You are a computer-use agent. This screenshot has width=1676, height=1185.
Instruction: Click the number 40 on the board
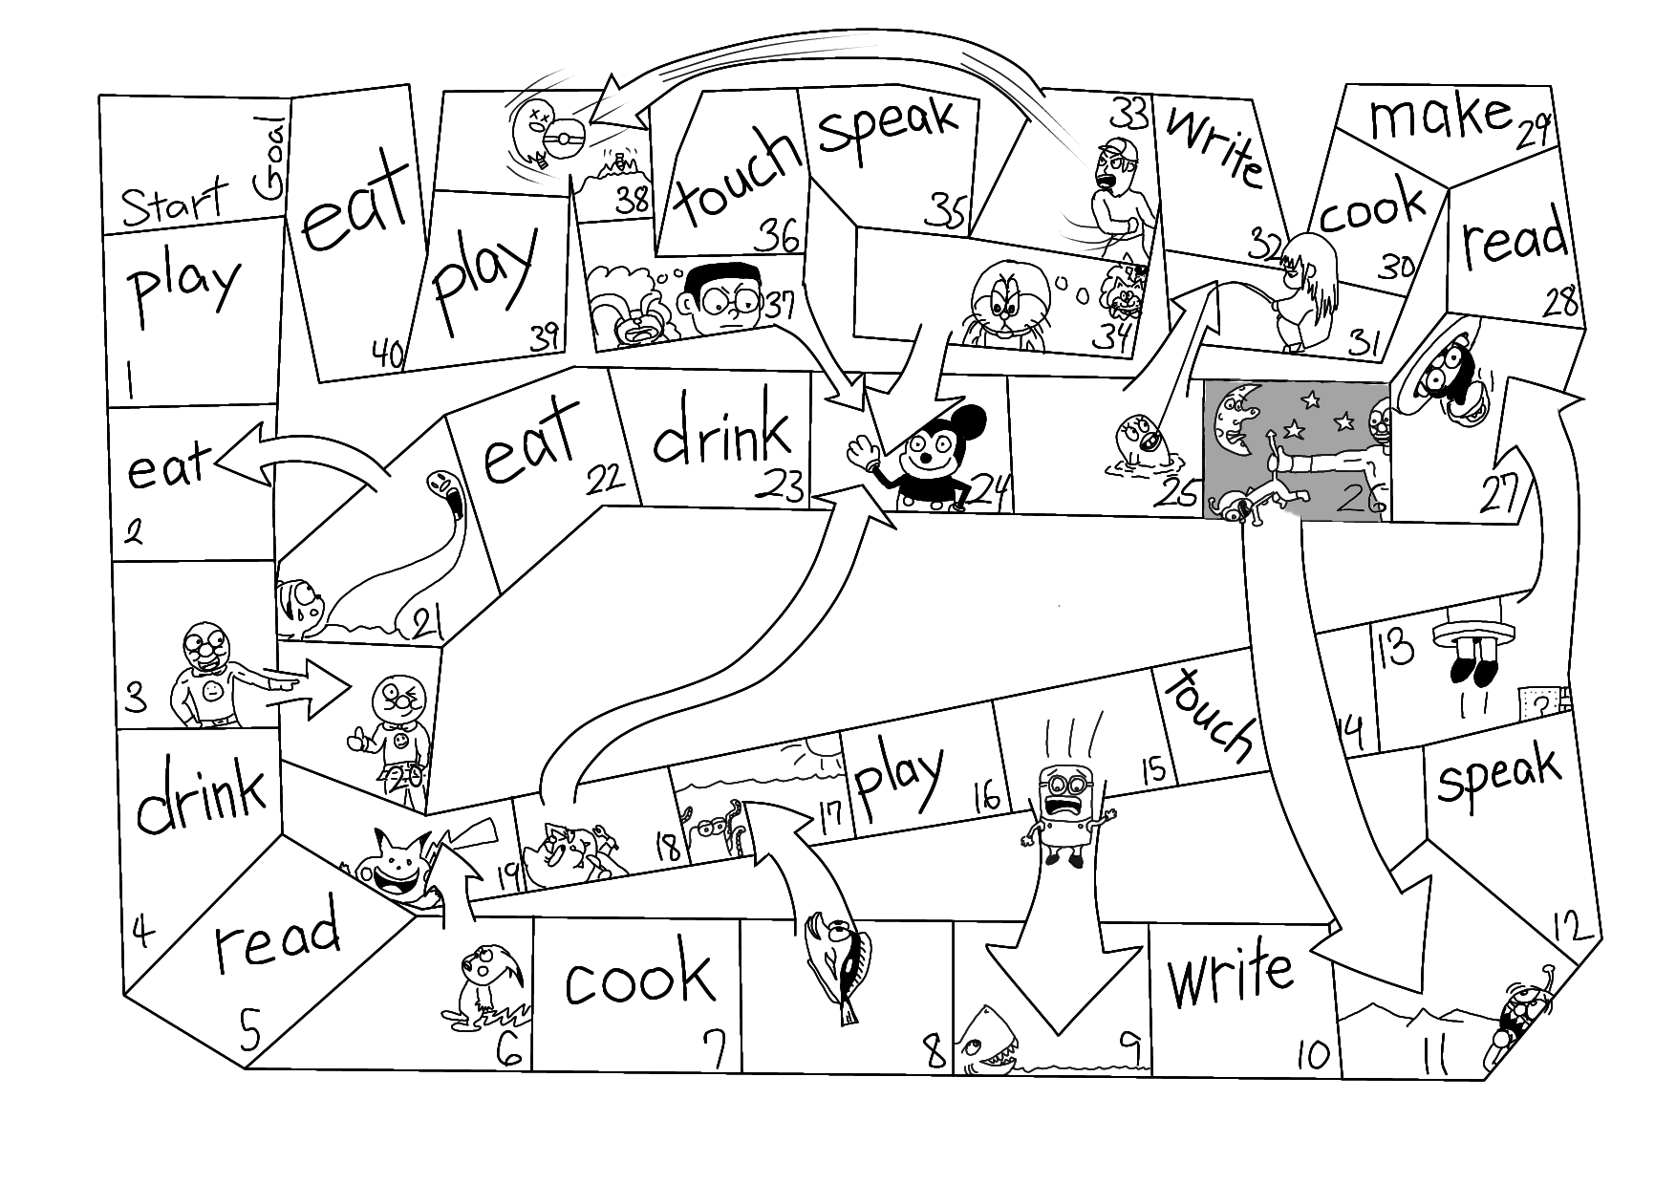388,355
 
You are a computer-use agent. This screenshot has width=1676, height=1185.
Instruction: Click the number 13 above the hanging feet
1396,649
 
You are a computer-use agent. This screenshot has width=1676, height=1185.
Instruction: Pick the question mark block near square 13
1540,702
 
